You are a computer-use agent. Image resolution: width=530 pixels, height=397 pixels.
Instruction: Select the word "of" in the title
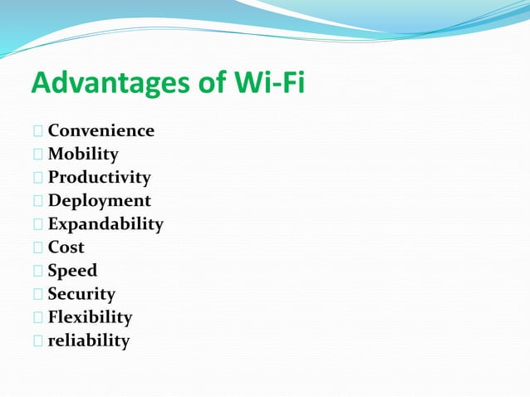pos(204,82)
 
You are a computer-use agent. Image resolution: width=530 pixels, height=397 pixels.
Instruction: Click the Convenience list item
pos(101,130)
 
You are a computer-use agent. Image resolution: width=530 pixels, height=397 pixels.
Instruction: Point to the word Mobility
pos(83,154)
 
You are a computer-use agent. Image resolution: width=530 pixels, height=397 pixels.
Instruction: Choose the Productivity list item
pos(99,178)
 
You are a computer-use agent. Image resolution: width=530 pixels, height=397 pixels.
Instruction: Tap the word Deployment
pos(99,201)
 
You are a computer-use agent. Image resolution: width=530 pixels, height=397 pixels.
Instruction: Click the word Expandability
pos(106,224)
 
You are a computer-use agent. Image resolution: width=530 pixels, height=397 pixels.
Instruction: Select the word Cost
pos(66,248)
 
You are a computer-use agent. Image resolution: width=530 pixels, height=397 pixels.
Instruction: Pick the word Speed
pos(72,271)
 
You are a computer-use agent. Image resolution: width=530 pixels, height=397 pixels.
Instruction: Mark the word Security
pos(81,294)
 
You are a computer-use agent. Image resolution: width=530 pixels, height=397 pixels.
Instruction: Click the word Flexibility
pos(90,317)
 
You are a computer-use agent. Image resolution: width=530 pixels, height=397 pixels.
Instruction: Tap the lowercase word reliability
pos(88,341)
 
